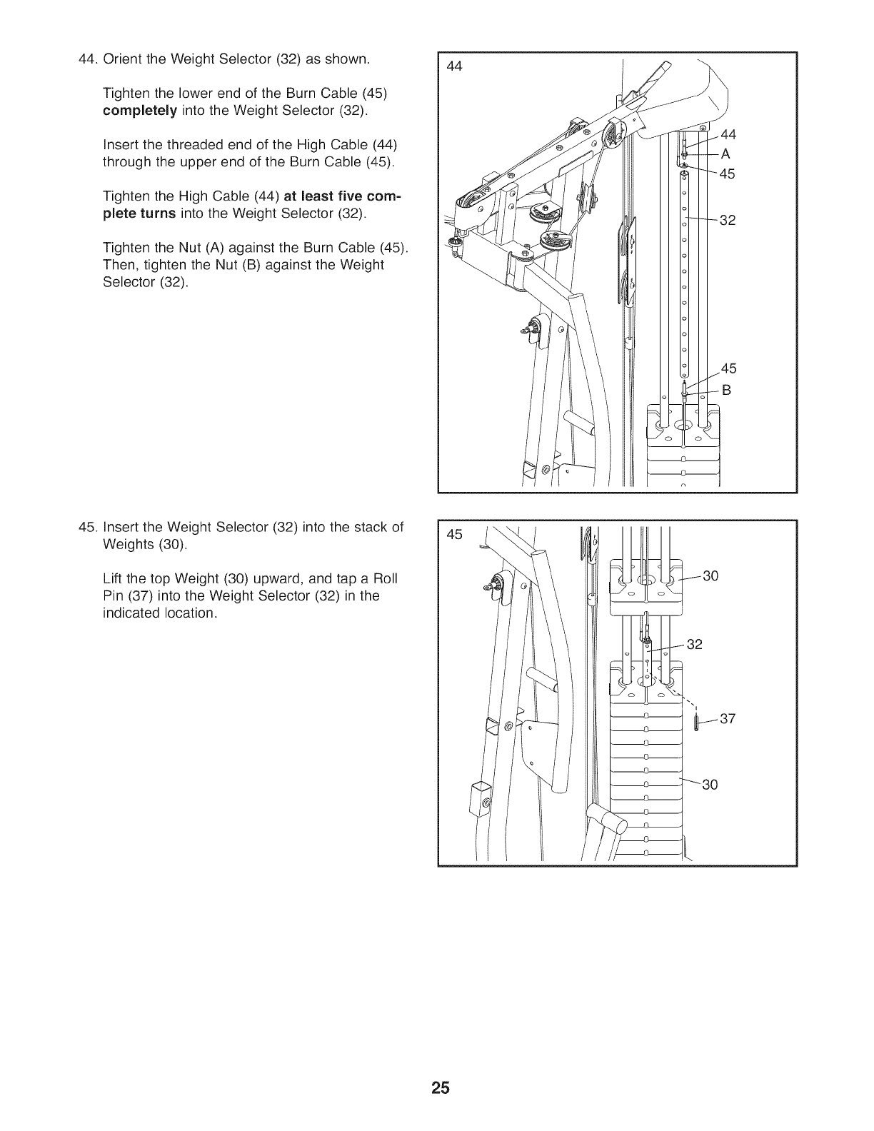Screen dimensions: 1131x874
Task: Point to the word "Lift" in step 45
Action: [x=115, y=578]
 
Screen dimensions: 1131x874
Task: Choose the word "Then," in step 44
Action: [x=119, y=265]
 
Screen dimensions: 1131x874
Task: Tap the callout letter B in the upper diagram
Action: [x=727, y=390]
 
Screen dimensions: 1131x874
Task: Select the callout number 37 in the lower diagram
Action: [x=727, y=718]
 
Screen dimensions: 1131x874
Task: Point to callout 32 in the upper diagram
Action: [x=727, y=220]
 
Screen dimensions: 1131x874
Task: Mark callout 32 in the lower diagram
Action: [x=694, y=645]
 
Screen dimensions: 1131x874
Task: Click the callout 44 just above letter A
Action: [x=728, y=134]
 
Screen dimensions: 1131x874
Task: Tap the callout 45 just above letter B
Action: [x=728, y=368]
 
